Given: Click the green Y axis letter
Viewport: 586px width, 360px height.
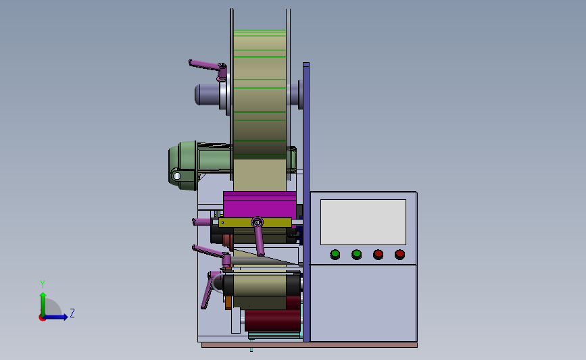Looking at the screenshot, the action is pyautogui.click(x=43, y=284).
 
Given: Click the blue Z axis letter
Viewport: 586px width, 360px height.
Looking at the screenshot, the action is pyautogui.click(x=72, y=313).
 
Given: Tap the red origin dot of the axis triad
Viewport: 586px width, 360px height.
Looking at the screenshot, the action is pyautogui.click(x=42, y=318).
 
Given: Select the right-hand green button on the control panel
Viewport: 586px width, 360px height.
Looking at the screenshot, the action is pyautogui.click(x=356, y=255).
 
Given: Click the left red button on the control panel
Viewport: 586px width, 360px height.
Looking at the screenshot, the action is pyautogui.click(x=379, y=255).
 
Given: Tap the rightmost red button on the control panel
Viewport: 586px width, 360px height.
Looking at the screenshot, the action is pyautogui.click(x=399, y=255).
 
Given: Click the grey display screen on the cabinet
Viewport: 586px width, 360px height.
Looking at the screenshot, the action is pyautogui.click(x=363, y=222).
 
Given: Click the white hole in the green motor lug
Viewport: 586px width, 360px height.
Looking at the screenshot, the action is pyautogui.click(x=177, y=176).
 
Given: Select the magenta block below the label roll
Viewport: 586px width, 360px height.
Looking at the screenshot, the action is pyautogui.click(x=260, y=205).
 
